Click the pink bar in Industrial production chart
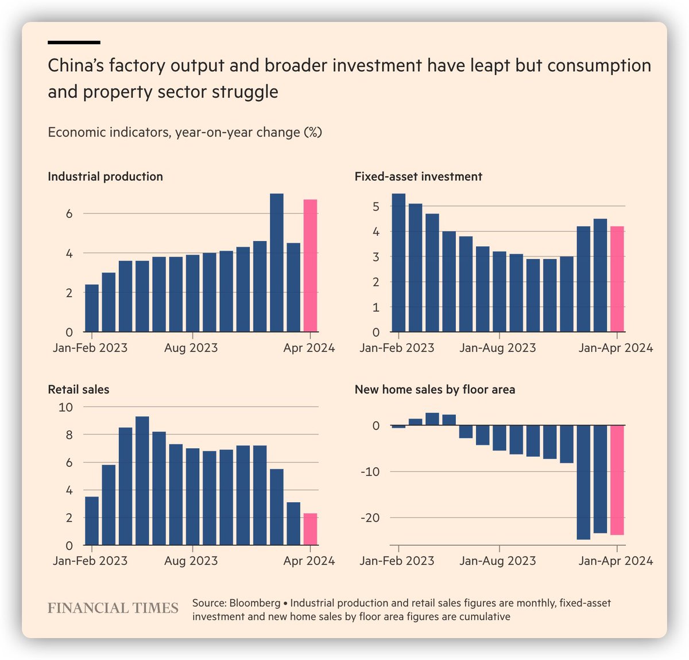(x=310, y=266)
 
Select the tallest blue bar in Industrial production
(x=276, y=263)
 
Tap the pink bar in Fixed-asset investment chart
(x=617, y=279)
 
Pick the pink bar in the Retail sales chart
(x=310, y=529)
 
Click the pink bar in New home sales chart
(x=617, y=480)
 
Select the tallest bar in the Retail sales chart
(x=142, y=481)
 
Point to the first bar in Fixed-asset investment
(x=398, y=263)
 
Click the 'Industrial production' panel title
(x=105, y=177)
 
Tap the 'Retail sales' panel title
(x=78, y=390)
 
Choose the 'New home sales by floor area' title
(x=435, y=390)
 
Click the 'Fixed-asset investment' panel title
(x=418, y=177)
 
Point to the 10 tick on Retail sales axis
(x=65, y=407)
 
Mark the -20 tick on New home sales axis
(x=370, y=518)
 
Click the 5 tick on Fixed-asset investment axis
(x=376, y=207)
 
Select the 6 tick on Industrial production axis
(x=69, y=213)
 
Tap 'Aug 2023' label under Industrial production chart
(x=191, y=348)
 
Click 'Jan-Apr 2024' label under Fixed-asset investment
(x=616, y=348)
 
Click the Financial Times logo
(x=113, y=608)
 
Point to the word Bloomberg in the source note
(x=254, y=603)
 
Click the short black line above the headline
(x=74, y=42)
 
